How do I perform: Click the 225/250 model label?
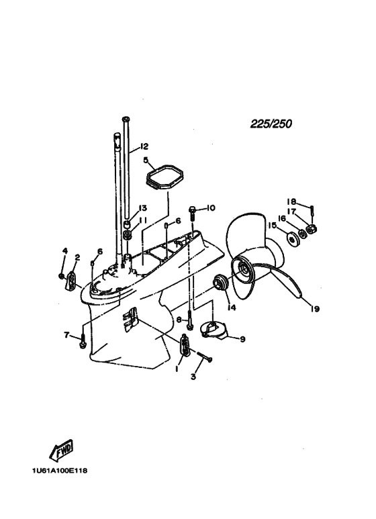pyautogui.click(x=271, y=124)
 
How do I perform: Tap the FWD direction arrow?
pyautogui.click(x=61, y=451)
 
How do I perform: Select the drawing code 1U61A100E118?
pyautogui.click(x=60, y=471)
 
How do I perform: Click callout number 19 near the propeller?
pyautogui.click(x=315, y=309)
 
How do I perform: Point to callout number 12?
pyautogui.click(x=144, y=146)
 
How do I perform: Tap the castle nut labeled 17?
pyautogui.click(x=312, y=228)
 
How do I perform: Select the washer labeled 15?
pyautogui.click(x=291, y=238)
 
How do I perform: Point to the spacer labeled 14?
pyautogui.click(x=220, y=282)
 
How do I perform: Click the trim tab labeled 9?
pyautogui.click(x=213, y=330)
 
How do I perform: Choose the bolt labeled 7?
pyautogui.click(x=82, y=340)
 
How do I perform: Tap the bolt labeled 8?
pyautogui.click(x=189, y=320)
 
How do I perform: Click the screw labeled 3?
pyautogui.click(x=205, y=357)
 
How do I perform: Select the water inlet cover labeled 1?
pyautogui.click(x=186, y=346)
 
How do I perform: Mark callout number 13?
pyautogui.click(x=142, y=208)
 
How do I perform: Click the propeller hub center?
pyautogui.click(x=245, y=268)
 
